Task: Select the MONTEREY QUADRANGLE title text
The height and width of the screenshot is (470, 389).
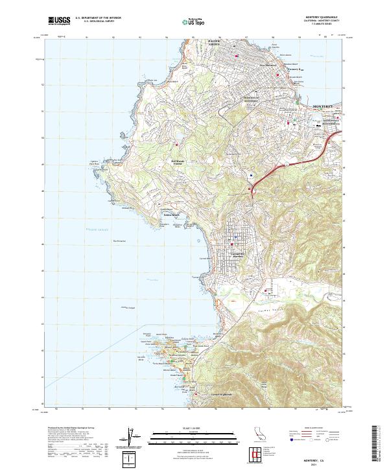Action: pyautogui.click(x=322, y=18)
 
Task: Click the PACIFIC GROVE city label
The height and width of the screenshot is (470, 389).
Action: pyautogui.click(x=214, y=43)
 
